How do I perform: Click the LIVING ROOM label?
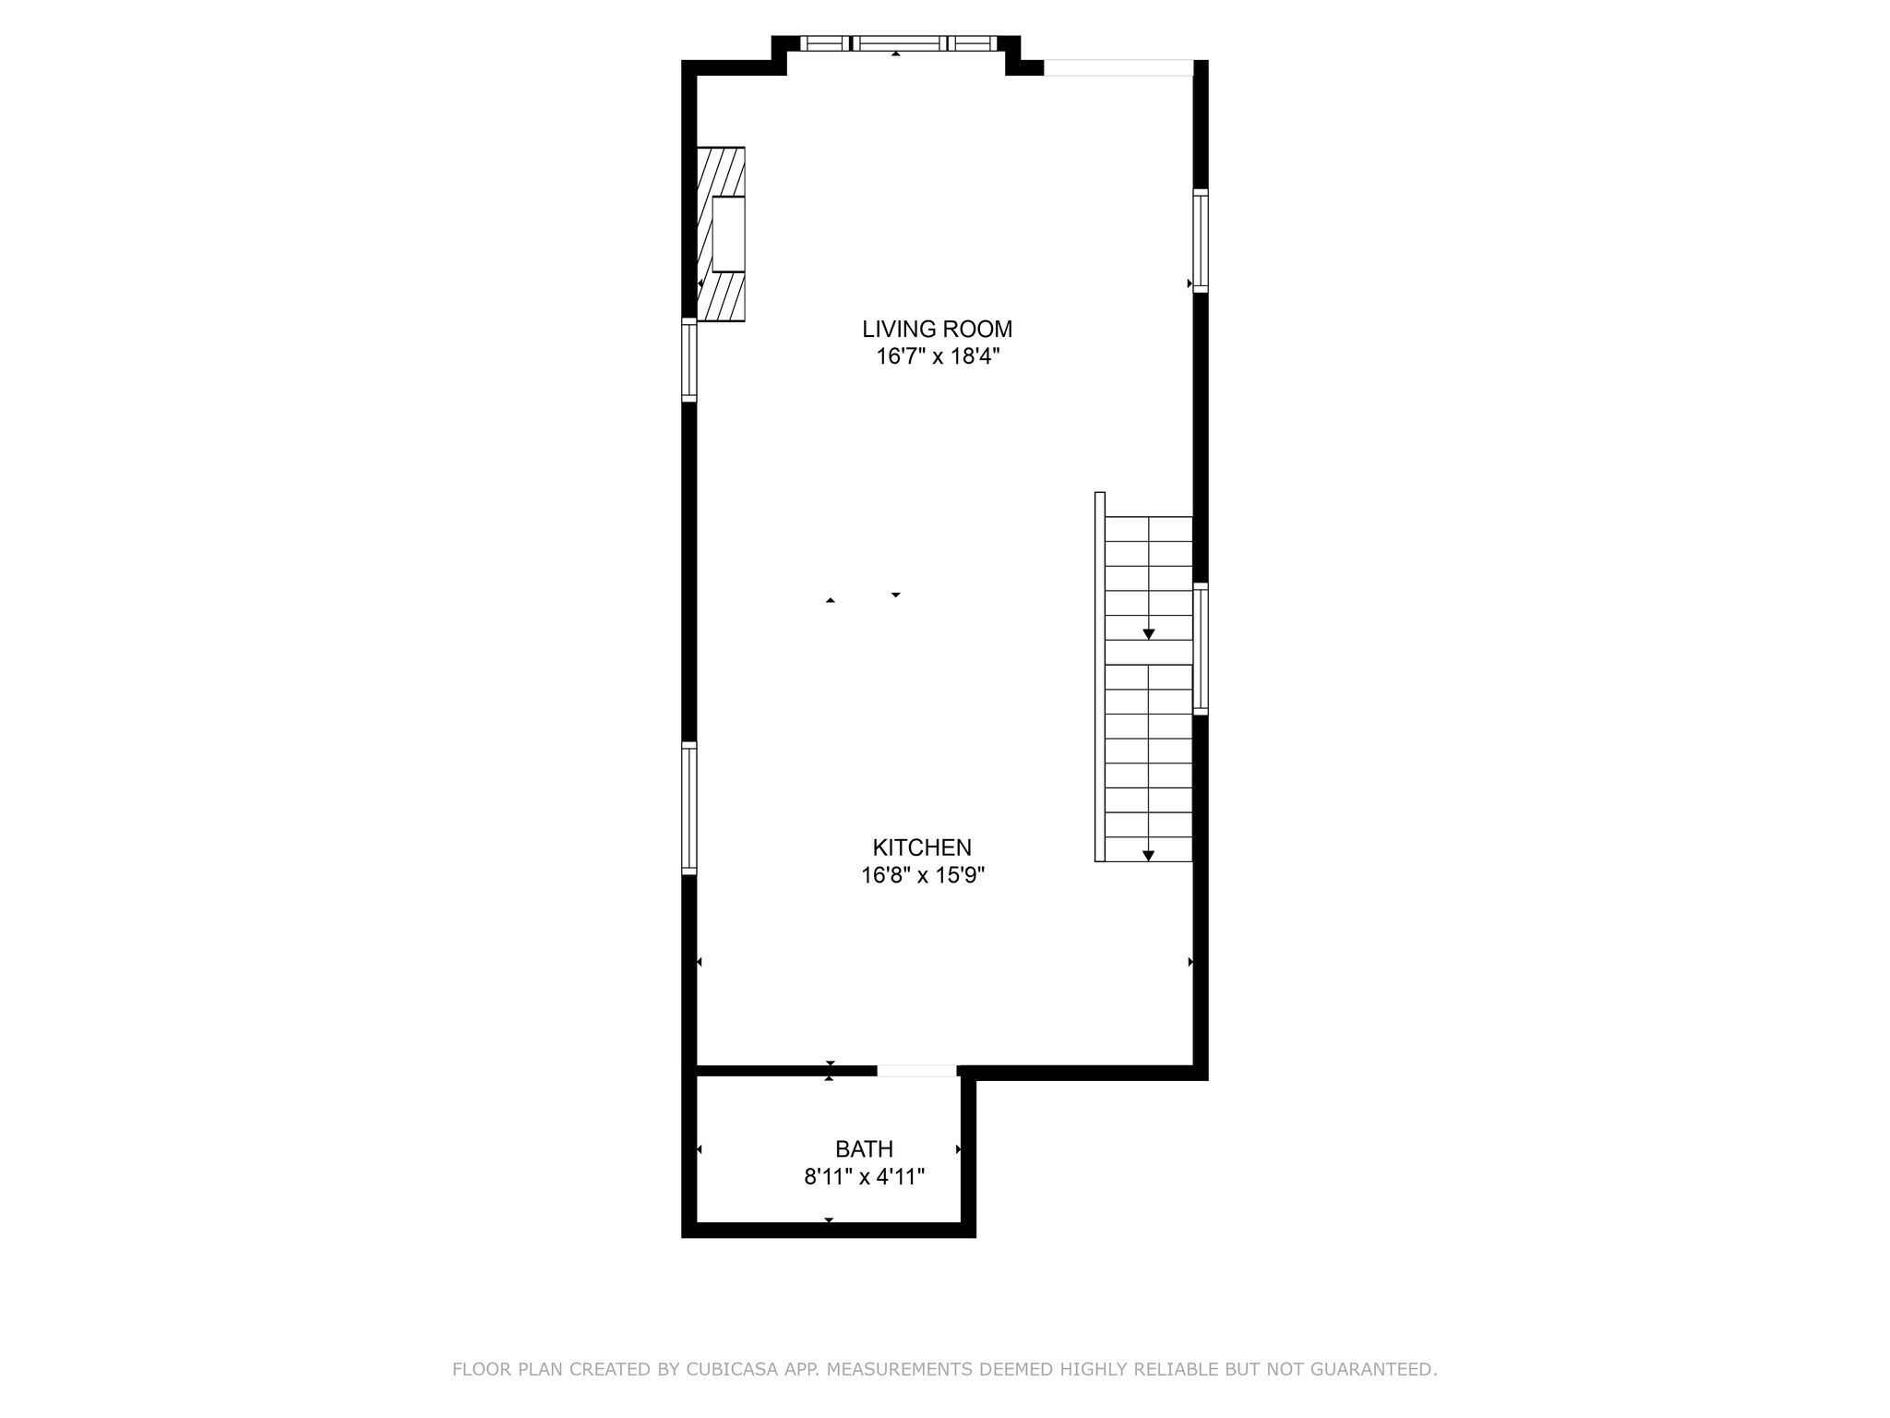click(937, 329)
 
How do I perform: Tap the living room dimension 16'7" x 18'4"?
click(938, 356)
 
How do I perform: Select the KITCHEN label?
click(922, 847)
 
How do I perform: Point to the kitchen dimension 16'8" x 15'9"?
click(923, 875)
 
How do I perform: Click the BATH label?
click(864, 1149)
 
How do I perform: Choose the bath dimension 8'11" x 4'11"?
click(864, 1177)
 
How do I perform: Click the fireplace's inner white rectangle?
click(728, 234)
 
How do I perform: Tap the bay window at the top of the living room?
click(897, 42)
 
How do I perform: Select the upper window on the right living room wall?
click(1201, 241)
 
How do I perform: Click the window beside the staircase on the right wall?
click(1201, 649)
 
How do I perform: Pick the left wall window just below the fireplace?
click(689, 360)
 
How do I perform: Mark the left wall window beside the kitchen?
click(689, 808)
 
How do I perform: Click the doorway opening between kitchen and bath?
click(917, 1071)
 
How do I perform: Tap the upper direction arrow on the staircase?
click(1149, 634)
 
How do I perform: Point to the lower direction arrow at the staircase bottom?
click(1149, 856)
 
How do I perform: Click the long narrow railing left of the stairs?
click(1100, 677)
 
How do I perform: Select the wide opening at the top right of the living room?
click(1118, 67)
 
